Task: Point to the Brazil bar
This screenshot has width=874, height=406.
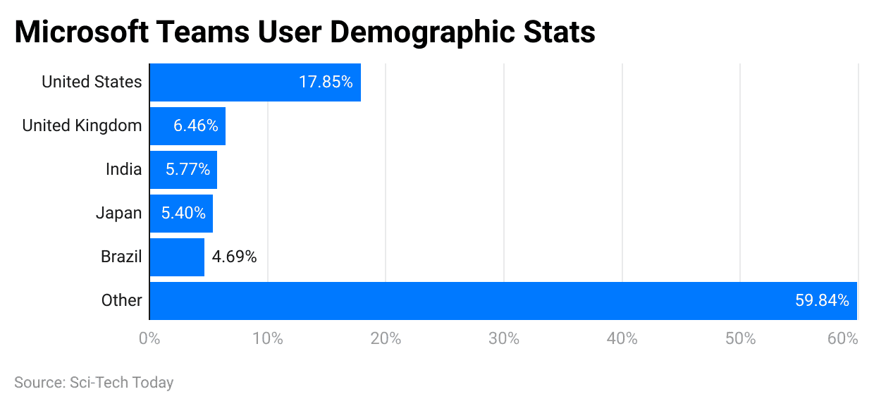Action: coord(177,257)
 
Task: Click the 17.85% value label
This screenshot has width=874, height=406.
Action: coord(326,82)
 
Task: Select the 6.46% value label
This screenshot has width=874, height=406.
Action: coord(196,126)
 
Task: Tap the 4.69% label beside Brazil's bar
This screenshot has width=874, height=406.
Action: coord(235,257)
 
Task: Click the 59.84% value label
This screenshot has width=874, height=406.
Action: coord(822,301)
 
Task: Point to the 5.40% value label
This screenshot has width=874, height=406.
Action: coord(183,214)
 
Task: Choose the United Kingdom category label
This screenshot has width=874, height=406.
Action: coord(82,126)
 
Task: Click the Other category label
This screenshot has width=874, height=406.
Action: coord(121,301)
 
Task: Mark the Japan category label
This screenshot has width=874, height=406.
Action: coord(118,214)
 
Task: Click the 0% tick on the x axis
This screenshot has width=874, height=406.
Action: coord(149,339)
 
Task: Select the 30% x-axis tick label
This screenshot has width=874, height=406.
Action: coord(504,339)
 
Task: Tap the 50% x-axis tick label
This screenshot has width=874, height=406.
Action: coord(740,339)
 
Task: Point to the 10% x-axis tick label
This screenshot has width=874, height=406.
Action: coord(268,339)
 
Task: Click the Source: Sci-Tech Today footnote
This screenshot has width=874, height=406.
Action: coord(94,383)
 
